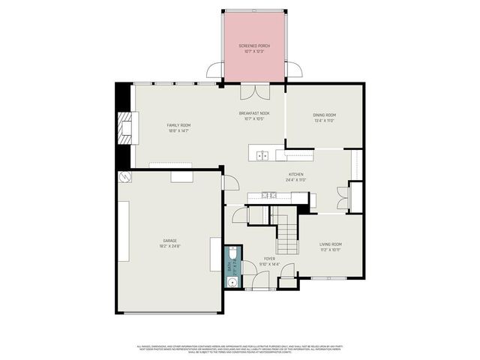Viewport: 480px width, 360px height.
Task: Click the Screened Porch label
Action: click(x=254, y=46)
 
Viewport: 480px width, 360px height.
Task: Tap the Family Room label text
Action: click(x=178, y=125)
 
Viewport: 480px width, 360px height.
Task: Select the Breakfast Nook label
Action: click(x=254, y=113)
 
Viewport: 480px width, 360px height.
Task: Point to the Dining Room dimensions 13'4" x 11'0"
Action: click(x=324, y=120)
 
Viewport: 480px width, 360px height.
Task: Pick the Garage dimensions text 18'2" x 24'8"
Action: click(x=169, y=245)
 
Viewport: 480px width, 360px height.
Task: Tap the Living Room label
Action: click(x=331, y=244)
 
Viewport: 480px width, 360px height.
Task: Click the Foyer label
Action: click(x=269, y=259)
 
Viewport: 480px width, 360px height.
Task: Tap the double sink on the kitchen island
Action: click(x=262, y=156)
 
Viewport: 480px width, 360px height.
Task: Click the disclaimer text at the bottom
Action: click(x=240, y=349)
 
